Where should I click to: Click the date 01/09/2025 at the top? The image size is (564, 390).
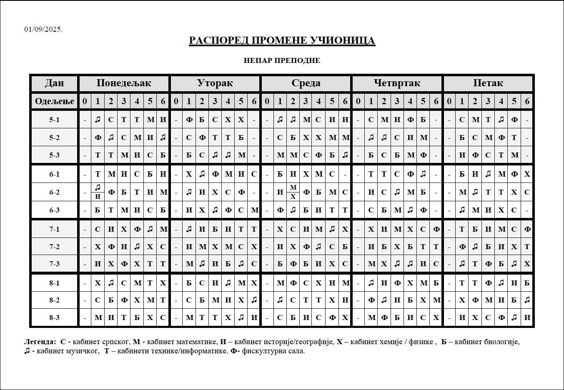(43, 29)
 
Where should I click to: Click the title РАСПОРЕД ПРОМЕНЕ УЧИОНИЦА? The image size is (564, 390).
(282, 40)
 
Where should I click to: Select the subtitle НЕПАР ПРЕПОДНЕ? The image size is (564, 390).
(282, 60)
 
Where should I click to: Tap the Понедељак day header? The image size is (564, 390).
(124, 83)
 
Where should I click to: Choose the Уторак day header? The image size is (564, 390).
(215, 83)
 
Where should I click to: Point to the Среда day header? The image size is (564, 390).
(306, 83)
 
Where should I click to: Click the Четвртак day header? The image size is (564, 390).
(397, 83)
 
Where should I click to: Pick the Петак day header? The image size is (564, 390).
(488, 83)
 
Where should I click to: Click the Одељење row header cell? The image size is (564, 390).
(55, 101)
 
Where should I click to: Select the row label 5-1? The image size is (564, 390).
(55, 120)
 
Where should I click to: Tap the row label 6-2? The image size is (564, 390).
(55, 192)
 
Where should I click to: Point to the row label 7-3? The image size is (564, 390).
(55, 264)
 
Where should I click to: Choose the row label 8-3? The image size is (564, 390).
(55, 317)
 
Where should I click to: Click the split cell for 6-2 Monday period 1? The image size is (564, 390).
(98, 192)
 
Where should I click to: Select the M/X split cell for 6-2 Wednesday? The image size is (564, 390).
(293, 192)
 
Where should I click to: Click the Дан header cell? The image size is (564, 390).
(55, 83)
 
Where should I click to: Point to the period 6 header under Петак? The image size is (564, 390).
(527, 101)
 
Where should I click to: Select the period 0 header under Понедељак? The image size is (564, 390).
(85, 101)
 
